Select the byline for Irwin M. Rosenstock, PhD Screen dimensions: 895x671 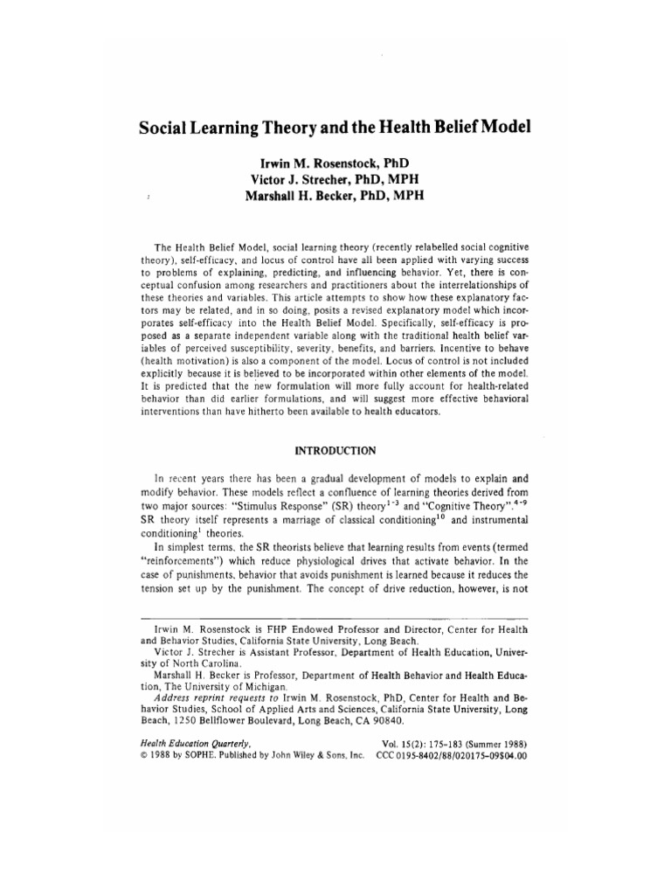(x=335, y=163)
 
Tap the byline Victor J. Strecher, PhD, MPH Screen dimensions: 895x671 (x=335, y=180)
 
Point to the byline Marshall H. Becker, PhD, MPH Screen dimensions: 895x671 (x=335, y=196)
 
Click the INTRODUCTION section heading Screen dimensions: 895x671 (x=335, y=451)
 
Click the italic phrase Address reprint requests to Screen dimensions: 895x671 (x=209, y=698)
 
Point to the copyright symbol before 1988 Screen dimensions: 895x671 (x=144, y=757)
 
